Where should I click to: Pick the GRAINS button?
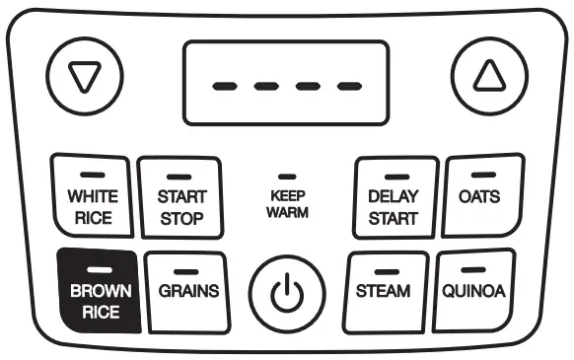click(187, 291)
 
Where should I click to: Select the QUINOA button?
click(473, 291)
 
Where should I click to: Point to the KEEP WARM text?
click(287, 204)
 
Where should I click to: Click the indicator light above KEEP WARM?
click(287, 175)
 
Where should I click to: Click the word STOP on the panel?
click(181, 218)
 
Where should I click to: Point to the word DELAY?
click(393, 196)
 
